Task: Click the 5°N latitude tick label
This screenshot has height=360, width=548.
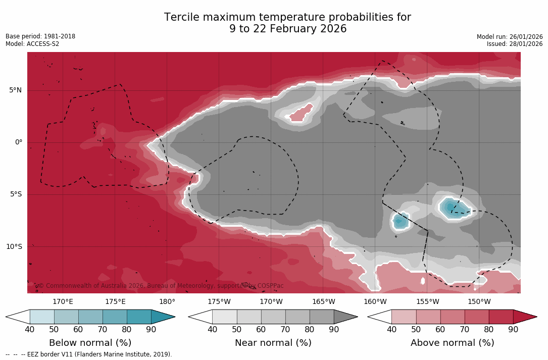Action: click(15, 90)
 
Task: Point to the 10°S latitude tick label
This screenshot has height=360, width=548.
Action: click(14, 247)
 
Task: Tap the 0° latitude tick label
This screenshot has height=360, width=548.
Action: click(18, 142)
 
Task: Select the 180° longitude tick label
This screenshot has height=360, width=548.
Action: click(167, 302)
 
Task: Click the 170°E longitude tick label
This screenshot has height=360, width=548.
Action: click(63, 302)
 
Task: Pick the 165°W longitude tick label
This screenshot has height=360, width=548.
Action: click(323, 302)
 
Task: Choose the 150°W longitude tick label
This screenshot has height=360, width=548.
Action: click(479, 302)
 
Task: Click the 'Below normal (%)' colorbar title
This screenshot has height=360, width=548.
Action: click(90, 343)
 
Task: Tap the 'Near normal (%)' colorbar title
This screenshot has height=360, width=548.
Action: click(273, 343)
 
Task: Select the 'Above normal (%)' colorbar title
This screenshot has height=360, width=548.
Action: click(452, 343)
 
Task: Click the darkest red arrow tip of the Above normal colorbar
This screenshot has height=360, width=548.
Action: click(525, 317)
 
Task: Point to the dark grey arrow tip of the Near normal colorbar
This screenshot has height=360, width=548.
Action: click(345, 317)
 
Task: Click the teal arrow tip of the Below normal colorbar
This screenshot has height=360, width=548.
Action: click(163, 317)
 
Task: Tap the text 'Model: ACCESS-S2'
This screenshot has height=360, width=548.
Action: click(32, 44)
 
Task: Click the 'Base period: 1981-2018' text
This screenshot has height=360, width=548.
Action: click(40, 36)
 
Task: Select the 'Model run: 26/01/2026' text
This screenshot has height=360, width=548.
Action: click(510, 37)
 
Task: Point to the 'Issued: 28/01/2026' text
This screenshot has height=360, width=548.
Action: click(515, 44)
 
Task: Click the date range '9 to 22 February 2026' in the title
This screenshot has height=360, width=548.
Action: click(288, 29)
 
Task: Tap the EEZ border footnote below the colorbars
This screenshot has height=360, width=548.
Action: click(89, 354)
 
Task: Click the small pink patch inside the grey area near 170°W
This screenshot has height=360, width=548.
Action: click(302, 112)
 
